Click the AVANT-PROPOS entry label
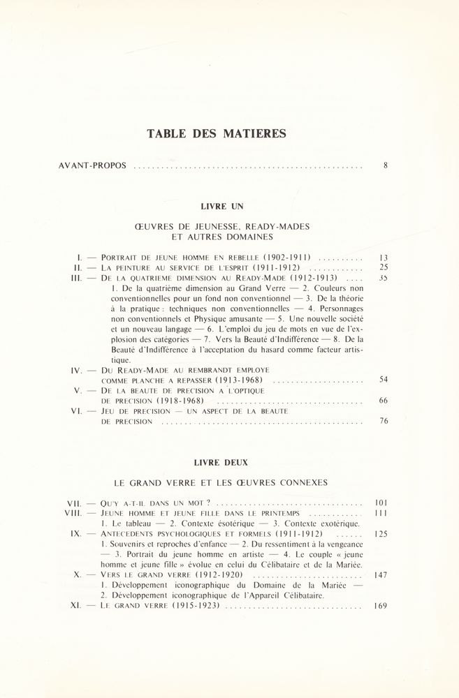coord(94,166)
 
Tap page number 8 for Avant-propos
coord(385,166)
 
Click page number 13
coord(382,257)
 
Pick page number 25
coord(382,267)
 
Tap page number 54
coord(383,380)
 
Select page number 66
coord(383,401)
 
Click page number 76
coord(383,421)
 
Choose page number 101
coord(381,503)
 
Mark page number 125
coord(381,533)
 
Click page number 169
coord(381,606)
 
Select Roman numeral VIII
coord(75,513)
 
